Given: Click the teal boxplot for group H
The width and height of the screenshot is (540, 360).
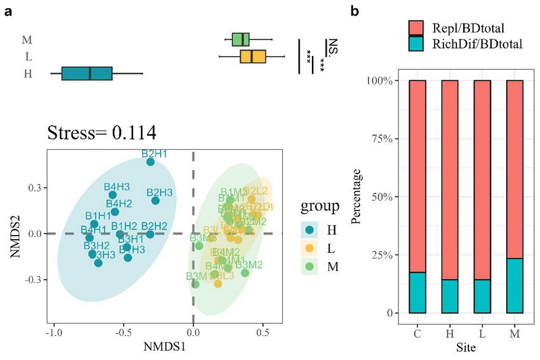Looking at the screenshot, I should (87, 74).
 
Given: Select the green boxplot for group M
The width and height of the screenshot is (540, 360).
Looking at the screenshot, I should (241, 40).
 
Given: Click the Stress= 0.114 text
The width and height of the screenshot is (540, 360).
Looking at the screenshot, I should (101, 132).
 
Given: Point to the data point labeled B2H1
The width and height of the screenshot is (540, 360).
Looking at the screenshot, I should (151, 161).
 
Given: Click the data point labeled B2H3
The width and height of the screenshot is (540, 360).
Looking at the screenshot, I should (155, 200).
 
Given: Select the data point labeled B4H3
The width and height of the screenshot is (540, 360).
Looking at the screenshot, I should (113, 195).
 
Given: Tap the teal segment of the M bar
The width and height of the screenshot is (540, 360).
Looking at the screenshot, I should (514, 286).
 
